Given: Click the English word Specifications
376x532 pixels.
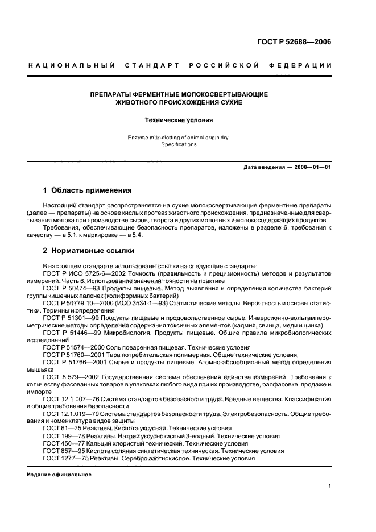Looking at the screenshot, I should tap(179, 144).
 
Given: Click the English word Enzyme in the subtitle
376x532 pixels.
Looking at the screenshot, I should tap(141, 137).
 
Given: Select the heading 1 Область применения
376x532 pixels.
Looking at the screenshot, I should tap(88, 190).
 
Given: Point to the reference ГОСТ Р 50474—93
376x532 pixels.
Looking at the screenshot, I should tap(73, 288).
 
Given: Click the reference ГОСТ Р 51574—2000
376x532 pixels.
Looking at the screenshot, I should tap(75, 347).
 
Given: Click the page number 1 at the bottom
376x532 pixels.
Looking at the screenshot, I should tap(330, 486).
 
